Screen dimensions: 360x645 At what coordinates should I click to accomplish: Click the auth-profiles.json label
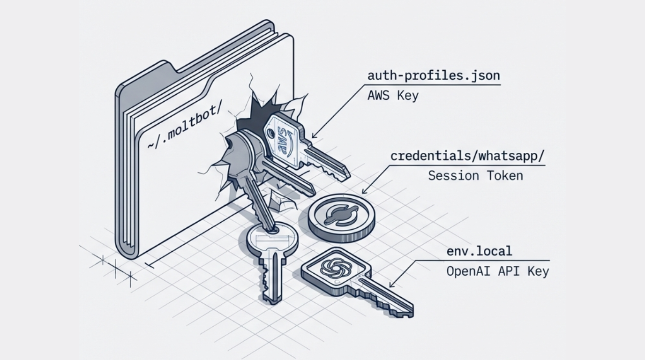[434, 75]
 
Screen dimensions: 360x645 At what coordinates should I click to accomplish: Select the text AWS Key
[393, 96]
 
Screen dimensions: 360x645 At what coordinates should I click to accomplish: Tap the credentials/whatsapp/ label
[468, 156]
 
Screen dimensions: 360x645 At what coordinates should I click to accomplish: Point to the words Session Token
[475, 176]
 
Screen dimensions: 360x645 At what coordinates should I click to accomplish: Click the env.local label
[479, 251]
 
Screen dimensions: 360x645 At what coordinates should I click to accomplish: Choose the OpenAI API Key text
[497, 271]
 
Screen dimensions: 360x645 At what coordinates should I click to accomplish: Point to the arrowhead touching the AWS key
[314, 136]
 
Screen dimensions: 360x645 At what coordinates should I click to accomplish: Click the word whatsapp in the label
[511, 156]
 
